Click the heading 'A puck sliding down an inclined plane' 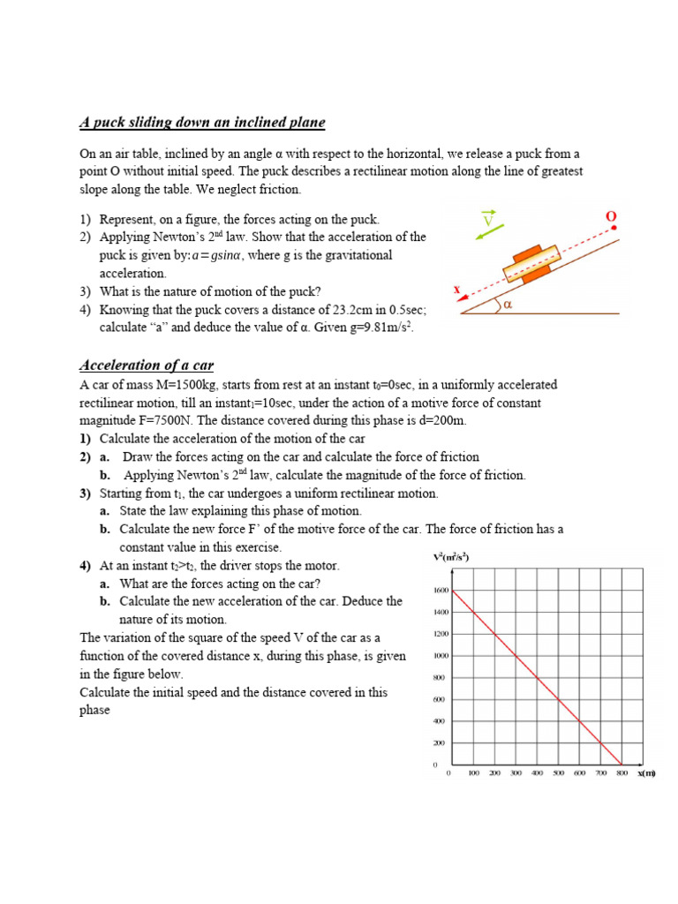[x=202, y=123]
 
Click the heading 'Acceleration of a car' [x=147, y=365]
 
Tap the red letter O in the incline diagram [x=610, y=216]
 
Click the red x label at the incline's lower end [x=457, y=289]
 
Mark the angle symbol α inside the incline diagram [x=509, y=305]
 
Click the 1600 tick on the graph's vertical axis [x=441, y=590]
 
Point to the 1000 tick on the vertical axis [x=441, y=656]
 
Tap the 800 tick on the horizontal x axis [x=621, y=773]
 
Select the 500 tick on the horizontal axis [x=558, y=773]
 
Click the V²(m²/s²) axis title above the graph [x=450, y=557]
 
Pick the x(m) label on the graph [x=647, y=773]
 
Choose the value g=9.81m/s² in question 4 [x=373, y=328]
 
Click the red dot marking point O [x=614, y=228]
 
